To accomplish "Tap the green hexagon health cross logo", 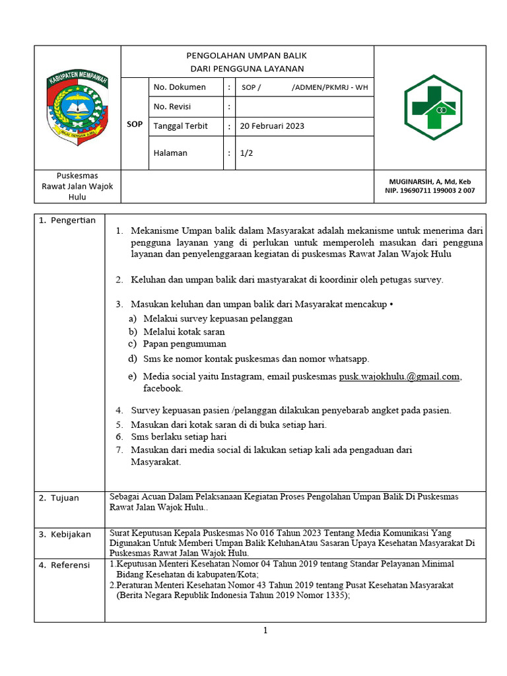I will coord(430,107).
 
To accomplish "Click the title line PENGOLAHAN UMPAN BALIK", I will coord(248,55).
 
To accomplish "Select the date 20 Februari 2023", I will coord(272,126).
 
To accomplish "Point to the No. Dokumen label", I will coord(180,87).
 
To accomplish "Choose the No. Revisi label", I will coord(174,106).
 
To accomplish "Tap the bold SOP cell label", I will coord(135,124).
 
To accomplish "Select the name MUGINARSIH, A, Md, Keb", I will coord(430,182).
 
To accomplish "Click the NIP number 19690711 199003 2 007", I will coord(430,191).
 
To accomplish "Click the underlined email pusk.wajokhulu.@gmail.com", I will coord(399,376).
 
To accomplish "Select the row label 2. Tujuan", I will coord(58,498).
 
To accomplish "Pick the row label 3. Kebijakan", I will coord(65,534).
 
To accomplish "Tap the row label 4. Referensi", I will coord(65,565).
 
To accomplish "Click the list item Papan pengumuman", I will coord(184,344).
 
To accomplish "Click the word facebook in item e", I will coord(162,389).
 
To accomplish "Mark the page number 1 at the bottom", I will coord(265,630).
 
